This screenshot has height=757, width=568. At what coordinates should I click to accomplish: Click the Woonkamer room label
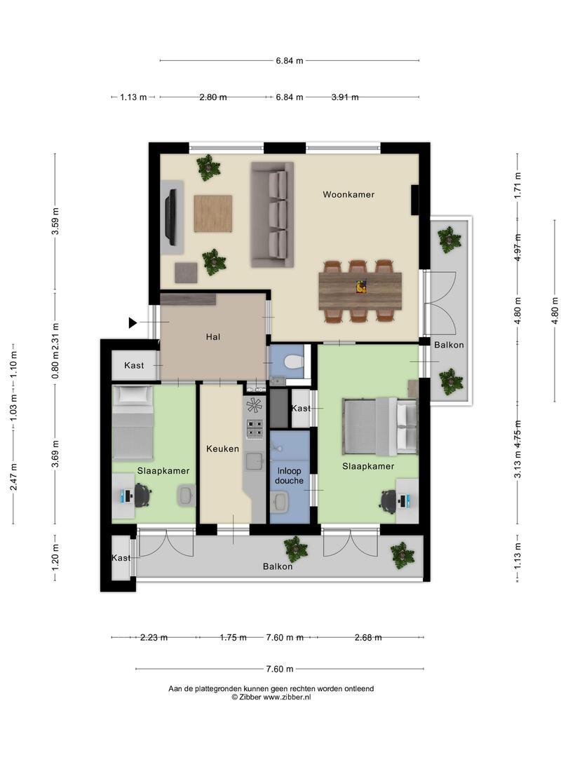[349, 195]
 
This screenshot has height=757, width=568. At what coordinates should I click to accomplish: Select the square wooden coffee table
[213, 213]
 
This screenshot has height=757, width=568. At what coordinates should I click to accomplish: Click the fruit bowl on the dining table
[361, 287]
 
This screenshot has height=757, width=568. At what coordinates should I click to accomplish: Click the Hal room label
[213, 337]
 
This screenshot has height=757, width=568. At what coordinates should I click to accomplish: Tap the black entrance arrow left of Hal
[133, 322]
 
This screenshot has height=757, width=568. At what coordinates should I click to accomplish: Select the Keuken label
[223, 449]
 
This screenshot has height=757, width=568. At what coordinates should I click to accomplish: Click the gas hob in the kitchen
[255, 429]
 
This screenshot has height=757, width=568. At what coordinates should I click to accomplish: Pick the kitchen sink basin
[254, 462]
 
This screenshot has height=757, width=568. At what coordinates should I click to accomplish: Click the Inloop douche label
[290, 475]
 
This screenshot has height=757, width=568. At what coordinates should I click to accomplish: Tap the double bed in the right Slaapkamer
[379, 426]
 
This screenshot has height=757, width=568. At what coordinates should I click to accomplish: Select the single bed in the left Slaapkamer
[133, 423]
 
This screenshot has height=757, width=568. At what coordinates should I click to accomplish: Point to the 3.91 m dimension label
[345, 97]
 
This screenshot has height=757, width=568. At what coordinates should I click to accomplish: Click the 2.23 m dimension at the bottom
[154, 637]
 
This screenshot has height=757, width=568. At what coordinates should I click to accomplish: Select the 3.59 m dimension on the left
[55, 221]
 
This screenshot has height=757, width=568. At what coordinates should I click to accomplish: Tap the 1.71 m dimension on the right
[518, 185]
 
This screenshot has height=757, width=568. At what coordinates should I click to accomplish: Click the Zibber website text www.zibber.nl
[287, 697]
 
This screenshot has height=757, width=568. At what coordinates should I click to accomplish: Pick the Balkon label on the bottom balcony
[278, 566]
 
